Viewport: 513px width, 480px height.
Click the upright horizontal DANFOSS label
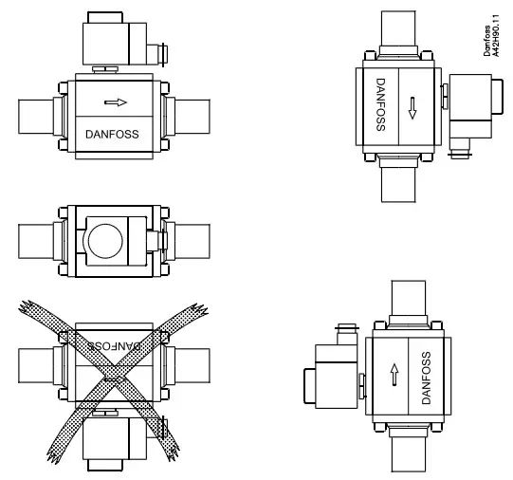[112, 134]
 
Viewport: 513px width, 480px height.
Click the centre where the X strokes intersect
[114, 380]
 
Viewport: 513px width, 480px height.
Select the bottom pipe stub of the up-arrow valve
[410, 451]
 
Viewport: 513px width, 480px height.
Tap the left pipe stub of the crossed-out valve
[40, 365]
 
